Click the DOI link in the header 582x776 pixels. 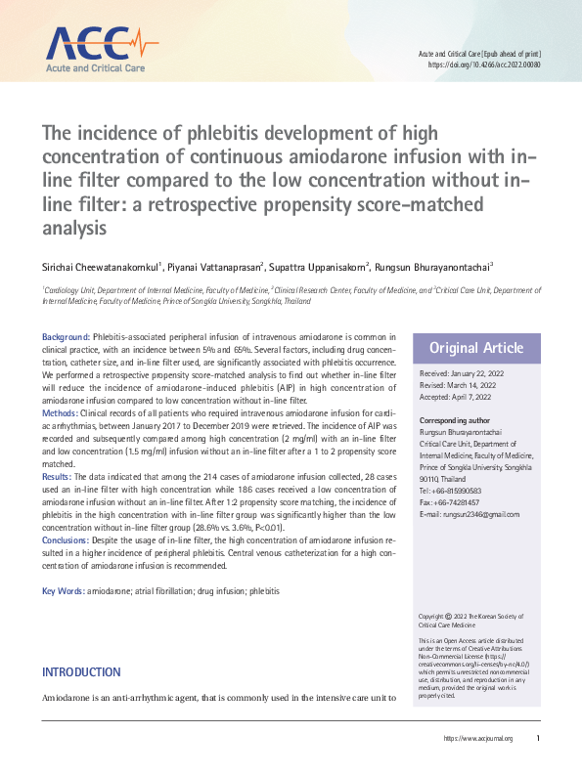point(484,65)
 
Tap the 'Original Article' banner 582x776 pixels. point(477,348)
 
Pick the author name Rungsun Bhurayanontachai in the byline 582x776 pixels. point(436,265)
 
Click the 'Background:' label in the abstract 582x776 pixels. point(66,336)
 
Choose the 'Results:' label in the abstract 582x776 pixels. point(59,476)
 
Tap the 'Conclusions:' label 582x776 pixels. point(67,539)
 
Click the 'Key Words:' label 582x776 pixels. point(63,591)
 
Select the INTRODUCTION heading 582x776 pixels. point(81,672)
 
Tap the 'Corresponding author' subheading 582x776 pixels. point(457,419)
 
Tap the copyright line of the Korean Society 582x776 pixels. point(472,622)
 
